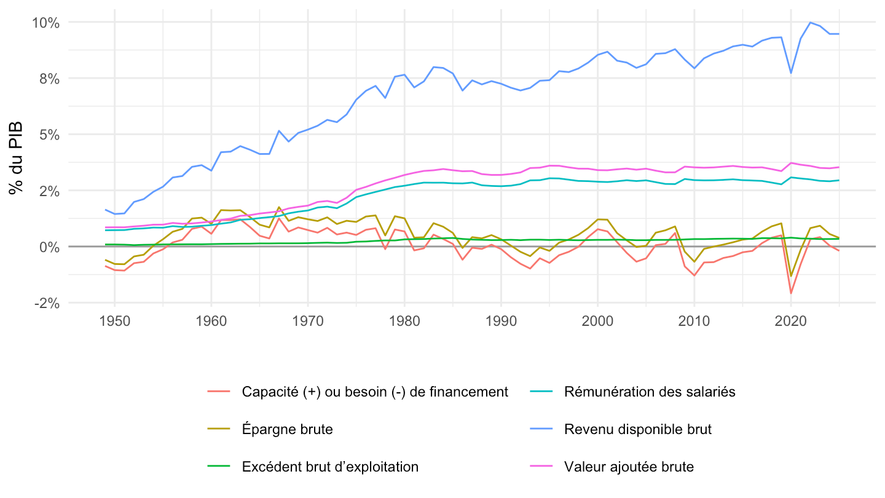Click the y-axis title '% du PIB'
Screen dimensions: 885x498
(16, 158)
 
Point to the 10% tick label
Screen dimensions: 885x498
(45, 23)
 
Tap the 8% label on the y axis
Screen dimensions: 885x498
(49, 79)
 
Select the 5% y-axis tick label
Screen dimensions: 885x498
(49, 135)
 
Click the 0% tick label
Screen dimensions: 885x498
(49, 247)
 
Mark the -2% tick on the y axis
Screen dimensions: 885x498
(47, 304)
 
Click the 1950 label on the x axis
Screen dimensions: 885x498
(114, 321)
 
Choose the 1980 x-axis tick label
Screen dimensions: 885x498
(404, 321)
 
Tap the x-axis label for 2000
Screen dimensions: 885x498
(597, 321)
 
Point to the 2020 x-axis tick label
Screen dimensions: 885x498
(790, 321)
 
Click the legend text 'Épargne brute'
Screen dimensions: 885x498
(287, 429)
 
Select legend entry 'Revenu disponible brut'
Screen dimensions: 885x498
(638, 429)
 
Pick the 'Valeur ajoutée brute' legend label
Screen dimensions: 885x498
(629, 467)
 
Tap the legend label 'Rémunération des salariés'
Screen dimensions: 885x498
(650, 392)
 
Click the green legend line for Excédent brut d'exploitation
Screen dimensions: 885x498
(219, 467)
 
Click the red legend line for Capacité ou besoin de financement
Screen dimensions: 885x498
(219, 391)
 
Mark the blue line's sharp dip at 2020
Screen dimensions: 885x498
(791, 73)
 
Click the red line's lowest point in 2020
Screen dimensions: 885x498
(791, 293)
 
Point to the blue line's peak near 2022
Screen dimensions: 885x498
(810, 23)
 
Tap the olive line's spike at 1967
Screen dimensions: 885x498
(279, 207)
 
